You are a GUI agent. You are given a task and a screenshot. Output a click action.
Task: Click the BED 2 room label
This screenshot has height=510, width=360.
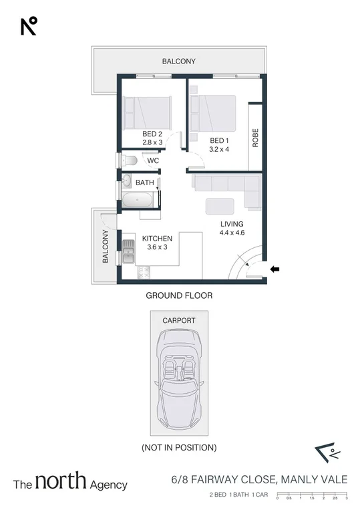152,134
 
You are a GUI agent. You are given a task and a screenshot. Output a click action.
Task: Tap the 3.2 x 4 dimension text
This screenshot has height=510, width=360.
219,149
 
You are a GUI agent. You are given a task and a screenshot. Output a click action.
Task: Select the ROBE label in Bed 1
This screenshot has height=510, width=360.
255,136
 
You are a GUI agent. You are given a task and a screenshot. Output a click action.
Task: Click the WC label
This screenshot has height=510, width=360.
153,161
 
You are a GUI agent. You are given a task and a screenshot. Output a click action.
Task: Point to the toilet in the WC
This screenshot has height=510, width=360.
130,160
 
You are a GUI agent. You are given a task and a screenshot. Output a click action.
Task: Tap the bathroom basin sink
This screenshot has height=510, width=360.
126,180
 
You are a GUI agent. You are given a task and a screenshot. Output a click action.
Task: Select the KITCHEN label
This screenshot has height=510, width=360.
157,239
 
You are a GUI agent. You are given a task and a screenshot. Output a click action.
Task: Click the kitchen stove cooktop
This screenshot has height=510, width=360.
143,272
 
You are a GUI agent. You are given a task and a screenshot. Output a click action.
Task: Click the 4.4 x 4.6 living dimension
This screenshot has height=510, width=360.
230,233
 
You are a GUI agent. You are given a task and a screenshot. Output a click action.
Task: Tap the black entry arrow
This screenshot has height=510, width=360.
275,269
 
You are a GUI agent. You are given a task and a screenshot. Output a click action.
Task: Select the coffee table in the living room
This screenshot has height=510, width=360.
219,205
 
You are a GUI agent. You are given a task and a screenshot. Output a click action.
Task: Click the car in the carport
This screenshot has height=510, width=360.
179,380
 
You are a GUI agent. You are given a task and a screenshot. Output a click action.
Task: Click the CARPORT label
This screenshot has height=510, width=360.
179,320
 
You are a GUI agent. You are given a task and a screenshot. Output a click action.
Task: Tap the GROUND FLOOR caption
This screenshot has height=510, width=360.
179,295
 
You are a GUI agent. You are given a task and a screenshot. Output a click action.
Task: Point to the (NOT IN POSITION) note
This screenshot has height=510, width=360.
179,447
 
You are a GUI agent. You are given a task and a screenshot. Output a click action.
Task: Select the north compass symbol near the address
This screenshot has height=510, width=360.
328,455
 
